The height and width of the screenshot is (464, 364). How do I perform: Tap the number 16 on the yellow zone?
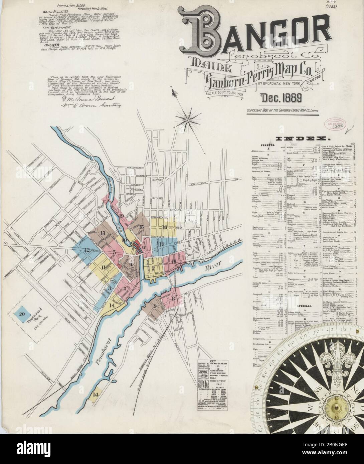164,227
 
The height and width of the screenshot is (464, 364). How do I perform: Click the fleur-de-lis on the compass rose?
334,361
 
